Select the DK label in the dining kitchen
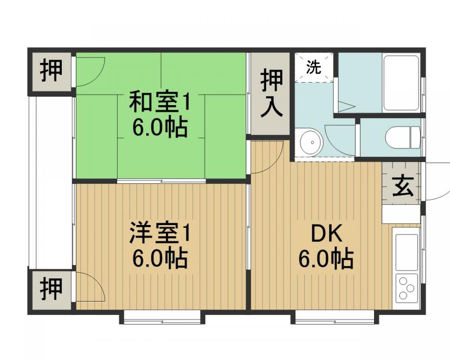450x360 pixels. click(x=325, y=232)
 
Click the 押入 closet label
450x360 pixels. click(x=271, y=93)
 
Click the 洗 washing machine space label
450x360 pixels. click(x=313, y=67)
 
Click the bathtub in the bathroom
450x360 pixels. click(x=400, y=83)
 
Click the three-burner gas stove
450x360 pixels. click(x=406, y=288)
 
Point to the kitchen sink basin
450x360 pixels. click(x=406, y=252)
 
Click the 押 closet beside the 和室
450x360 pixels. click(x=51, y=71)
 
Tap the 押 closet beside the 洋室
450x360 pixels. click(x=51, y=289)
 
